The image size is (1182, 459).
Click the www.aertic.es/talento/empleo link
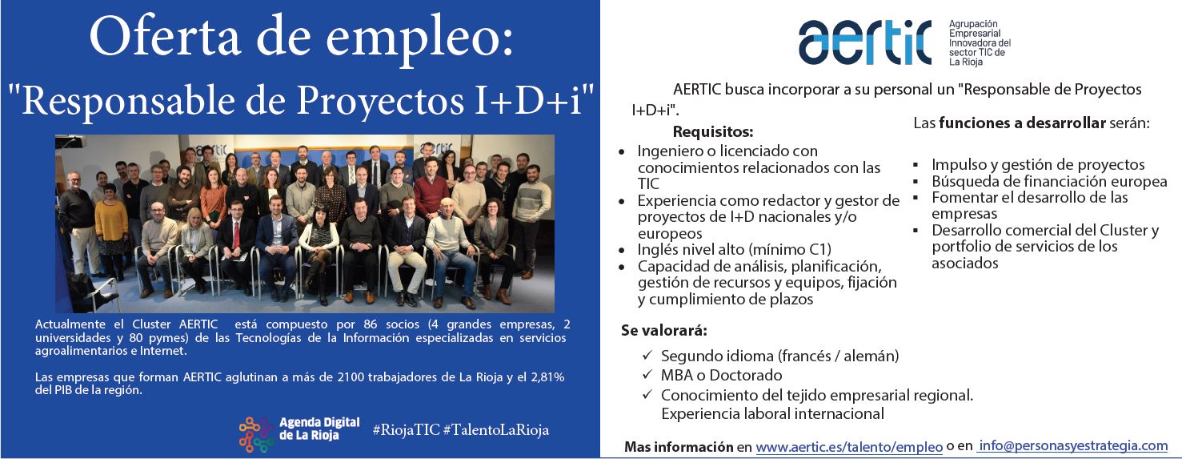849,447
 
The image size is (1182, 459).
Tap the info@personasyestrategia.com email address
1073,445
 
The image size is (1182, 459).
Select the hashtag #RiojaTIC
406,430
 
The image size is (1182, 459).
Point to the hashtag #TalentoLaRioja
496,430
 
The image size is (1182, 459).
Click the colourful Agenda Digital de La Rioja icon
256,434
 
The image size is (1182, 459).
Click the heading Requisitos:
713,131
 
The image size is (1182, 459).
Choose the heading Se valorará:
663,331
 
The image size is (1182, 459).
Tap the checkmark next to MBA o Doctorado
647,374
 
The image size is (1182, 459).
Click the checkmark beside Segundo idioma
647,355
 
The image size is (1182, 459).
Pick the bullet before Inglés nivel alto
622,251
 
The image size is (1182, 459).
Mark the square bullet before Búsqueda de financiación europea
916,182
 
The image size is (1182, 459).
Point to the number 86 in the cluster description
370,324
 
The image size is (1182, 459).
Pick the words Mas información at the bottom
679,447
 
